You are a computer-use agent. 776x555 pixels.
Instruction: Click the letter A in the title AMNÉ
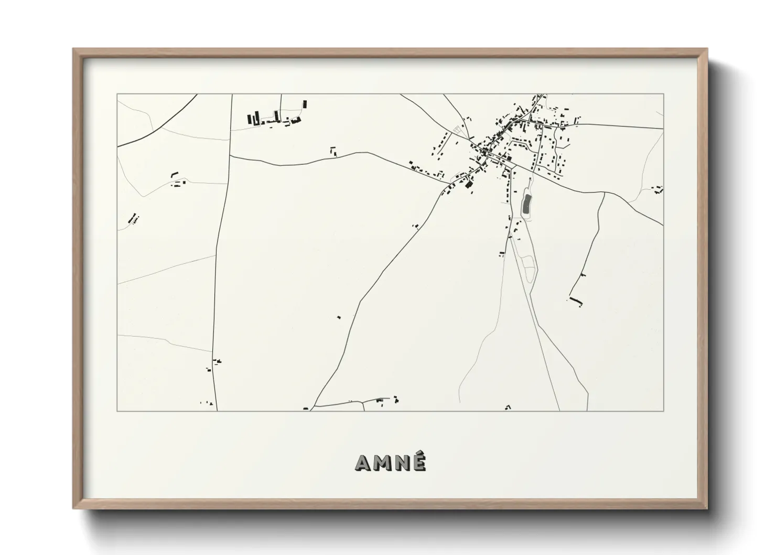click(x=364, y=463)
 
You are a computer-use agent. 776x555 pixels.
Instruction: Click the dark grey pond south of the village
click(x=526, y=204)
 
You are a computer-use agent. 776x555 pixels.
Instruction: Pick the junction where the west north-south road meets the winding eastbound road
click(x=229, y=156)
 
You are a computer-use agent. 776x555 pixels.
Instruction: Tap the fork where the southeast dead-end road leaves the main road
click(x=605, y=193)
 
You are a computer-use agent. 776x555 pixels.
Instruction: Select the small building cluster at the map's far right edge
click(x=658, y=188)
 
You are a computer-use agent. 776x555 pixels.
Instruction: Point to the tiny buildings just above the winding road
click(x=333, y=151)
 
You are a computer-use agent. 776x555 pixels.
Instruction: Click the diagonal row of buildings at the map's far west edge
click(x=133, y=217)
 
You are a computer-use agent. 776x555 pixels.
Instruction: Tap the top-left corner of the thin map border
click(x=117, y=94)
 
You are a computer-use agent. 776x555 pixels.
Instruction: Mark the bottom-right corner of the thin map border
click(x=663, y=411)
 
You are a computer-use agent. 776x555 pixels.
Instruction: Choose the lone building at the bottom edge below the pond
click(x=508, y=407)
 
